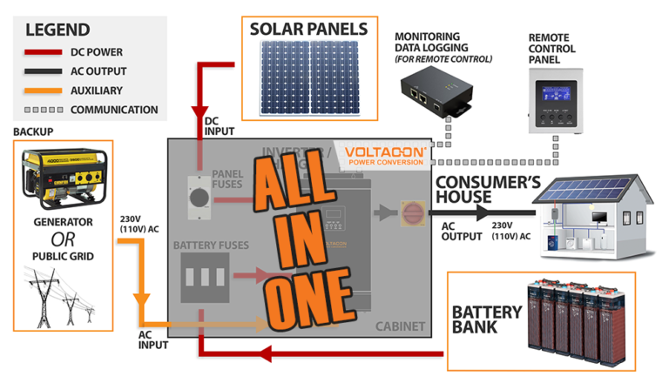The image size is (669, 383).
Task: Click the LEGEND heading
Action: tap(57, 29)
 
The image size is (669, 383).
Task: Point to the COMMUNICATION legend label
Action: tap(114, 110)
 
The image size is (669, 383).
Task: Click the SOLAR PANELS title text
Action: tap(308, 29)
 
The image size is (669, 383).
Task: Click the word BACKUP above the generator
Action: tap(33, 131)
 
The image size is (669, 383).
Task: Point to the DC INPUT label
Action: tap(220, 125)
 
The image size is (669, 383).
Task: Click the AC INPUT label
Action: tap(154, 339)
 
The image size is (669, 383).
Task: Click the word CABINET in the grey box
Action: tap(400, 326)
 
